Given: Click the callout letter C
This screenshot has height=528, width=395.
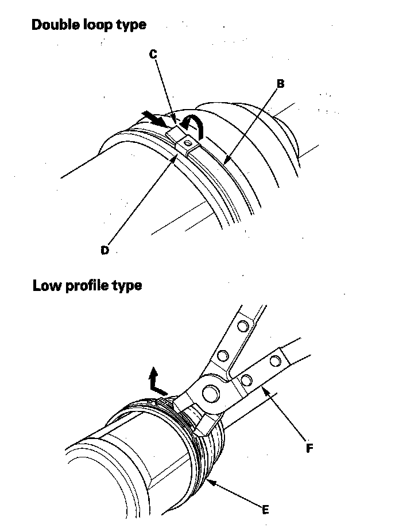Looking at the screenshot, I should pyautogui.click(x=153, y=54).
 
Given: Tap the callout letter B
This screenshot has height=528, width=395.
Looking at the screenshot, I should pyautogui.click(x=280, y=84).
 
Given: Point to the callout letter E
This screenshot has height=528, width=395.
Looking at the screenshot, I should pyautogui.click(x=265, y=509).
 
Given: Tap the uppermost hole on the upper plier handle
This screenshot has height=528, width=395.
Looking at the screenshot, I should pyautogui.click(x=243, y=327).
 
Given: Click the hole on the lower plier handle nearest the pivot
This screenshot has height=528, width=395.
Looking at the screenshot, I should pyautogui.click(x=247, y=379).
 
